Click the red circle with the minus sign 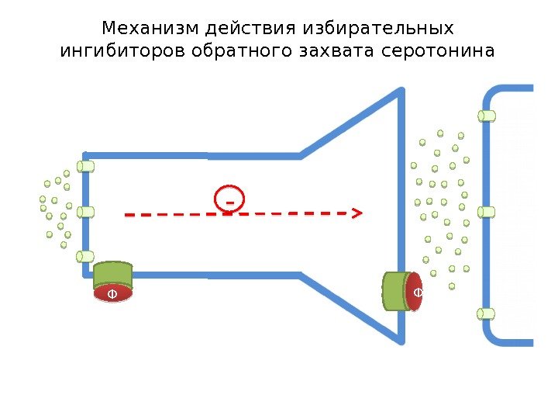point(229,199)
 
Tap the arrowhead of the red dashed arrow point(359,212)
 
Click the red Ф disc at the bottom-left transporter point(113,294)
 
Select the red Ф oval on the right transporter point(415,292)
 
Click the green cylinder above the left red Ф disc point(113,275)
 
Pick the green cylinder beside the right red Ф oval point(395,291)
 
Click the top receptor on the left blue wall point(85,166)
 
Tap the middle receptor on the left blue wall point(85,212)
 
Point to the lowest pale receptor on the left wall point(85,257)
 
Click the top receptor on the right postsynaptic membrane point(487,116)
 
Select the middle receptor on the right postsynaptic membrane point(487,212)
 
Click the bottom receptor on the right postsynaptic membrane point(487,313)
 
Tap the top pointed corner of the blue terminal point(401,92)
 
